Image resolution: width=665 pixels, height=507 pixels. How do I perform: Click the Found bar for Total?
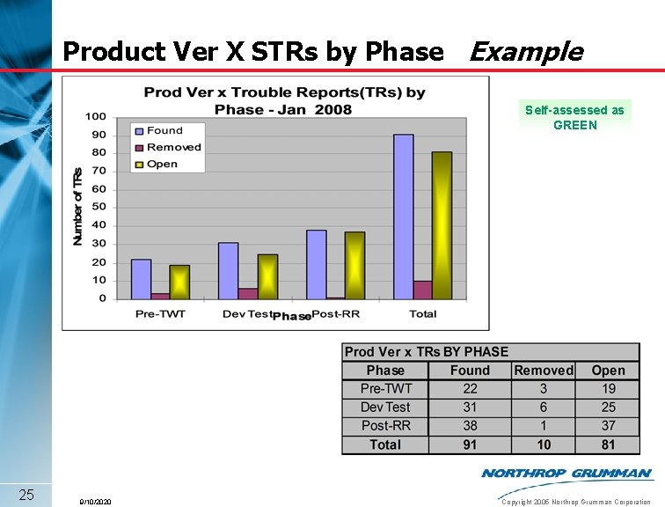coord(403,217)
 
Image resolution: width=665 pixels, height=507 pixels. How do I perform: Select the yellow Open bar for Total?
coord(442,225)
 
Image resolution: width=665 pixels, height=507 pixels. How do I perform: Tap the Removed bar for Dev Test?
coord(249,293)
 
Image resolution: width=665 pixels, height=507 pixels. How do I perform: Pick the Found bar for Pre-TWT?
coord(141,279)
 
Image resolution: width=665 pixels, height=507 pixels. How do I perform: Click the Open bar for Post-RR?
coord(354,265)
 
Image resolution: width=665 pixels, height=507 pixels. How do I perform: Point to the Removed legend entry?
coord(167,148)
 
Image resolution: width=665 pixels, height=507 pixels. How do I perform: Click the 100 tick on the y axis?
coord(96,116)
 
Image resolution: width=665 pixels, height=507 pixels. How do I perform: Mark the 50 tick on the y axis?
coord(99,207)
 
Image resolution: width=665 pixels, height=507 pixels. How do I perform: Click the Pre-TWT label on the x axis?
coord(160,314)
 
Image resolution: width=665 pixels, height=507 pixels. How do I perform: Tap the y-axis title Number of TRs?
coord(77,207)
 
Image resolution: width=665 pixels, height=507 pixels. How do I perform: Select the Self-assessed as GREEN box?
coord(574,117)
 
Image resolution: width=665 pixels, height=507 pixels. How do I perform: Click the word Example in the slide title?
coord(525,52)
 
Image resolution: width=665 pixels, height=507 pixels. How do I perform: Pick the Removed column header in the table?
coord(543,371)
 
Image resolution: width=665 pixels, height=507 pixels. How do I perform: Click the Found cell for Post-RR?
coord(470,426)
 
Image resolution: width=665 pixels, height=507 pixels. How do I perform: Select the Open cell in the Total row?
coord(608,445)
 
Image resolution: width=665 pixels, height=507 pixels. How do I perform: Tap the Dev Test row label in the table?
coord(385,408)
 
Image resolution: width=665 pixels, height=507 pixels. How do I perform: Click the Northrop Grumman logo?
coord(566,474)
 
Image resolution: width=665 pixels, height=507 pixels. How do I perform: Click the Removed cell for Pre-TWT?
coord(543,389)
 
